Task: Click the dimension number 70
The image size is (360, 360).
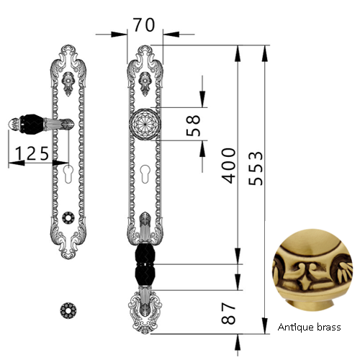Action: click(x=144, y=25)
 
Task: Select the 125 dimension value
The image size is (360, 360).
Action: click(x=32, y=153)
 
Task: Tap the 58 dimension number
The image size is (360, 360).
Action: click(x=193, y=126)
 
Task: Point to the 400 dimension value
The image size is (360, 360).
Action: click(x=228, y=166)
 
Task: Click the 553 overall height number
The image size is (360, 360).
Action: click(x=256, y=168)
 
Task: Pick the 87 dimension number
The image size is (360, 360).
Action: click(x=228, y=313)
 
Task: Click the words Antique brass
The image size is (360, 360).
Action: click(x=309, y=327)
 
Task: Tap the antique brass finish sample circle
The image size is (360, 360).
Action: click(x=312, y=270)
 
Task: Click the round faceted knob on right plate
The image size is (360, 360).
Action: click(x=145, y=124)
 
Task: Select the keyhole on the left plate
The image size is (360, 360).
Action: click(x=68, y=174)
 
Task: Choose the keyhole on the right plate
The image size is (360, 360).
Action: click(x=145, y=174)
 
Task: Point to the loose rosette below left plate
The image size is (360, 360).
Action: click(x=68, y=310)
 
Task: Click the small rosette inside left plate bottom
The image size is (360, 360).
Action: click(x=68, y=218)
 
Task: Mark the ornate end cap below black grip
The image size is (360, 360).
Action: click(x=145, y=310)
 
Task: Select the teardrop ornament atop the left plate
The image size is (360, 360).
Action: click(x=68, y=84)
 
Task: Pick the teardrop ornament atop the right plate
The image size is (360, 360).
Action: click(x=145, y=84)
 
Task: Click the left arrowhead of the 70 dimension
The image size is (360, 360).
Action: click(x=119, y=35)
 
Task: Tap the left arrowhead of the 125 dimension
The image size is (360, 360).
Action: click(x=17, y=163)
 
